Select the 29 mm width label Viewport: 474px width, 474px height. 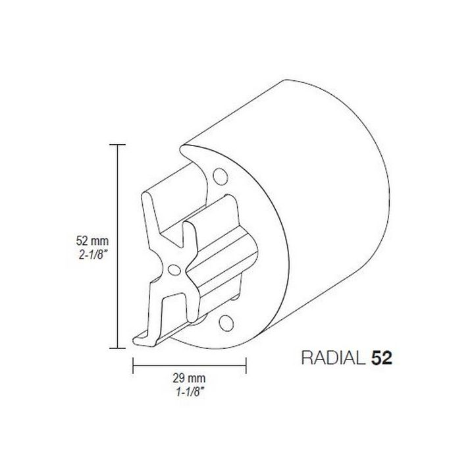click(x=190, y=379)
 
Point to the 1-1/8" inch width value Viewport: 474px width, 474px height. click(x=190, y=391)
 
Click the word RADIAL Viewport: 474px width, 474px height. click(x=332, y=358)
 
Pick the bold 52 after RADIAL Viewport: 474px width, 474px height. click(x=382, y=358)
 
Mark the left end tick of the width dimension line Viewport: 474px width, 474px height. click(x=134, y=364)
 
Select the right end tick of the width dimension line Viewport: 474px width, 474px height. click(x=246, y=364)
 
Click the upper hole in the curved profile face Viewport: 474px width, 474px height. click(x=219, y=176)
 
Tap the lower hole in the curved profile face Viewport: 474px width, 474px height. click(x=226, y=321)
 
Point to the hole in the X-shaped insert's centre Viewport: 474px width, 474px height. click(x=174, y=269)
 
